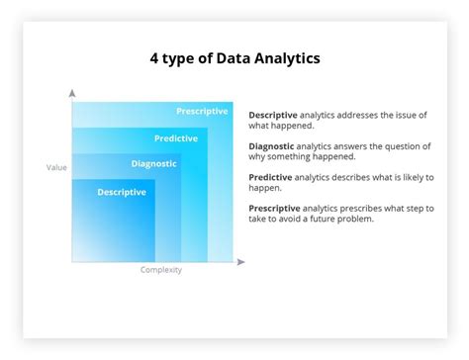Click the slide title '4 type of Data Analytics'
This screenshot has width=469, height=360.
click(234, 59)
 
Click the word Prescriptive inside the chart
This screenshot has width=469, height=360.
click(202, 111)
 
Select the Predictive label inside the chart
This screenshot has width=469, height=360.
click(176, 138)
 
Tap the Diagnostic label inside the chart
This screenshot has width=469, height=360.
click(153, 164)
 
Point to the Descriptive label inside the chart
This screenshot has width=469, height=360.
click(122, 192)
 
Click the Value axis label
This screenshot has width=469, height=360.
click(56, 167)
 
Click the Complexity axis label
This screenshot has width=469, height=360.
click(160, 270)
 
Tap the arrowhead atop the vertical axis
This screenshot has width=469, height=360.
click(72, 92)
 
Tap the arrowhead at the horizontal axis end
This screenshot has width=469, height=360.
click(240, 262)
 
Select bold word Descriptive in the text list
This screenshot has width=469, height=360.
click(273, 116)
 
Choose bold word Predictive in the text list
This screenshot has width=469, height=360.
click(271, 177)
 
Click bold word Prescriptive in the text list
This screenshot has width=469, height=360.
click(275, 208)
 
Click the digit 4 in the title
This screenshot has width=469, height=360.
click(153, 59)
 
